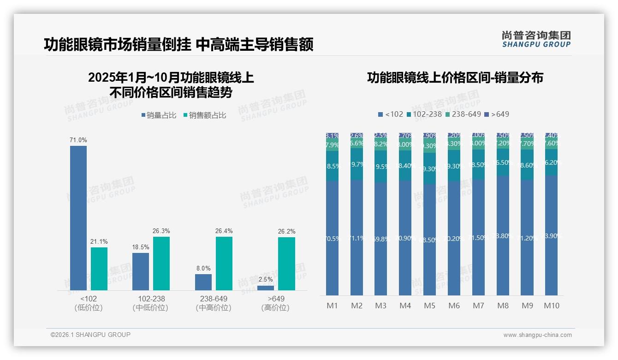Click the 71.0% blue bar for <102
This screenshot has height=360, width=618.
(x=78, y=218)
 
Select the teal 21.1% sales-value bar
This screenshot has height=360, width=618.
(x=99, y=269)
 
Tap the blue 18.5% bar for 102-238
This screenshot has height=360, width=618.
(x=141, y=271)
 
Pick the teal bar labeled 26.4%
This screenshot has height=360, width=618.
(x=224, y=264)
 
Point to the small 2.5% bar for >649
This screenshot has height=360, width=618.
(x=266, y=288)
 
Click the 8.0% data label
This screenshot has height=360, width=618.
(x=203, y=268)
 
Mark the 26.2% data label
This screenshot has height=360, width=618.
(x=286, y=231)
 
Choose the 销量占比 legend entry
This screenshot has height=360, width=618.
(x=158, y=115)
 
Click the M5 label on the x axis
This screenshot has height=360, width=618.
(x=429, y=306)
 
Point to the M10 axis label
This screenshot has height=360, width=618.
(x=552, y=306)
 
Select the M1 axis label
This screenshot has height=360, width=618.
(x=332, y=306)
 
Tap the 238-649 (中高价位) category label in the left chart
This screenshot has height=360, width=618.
(x=214, y=303)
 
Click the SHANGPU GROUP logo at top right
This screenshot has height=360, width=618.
(x=536, y=39)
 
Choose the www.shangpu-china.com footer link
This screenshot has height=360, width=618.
(x=537, y=335)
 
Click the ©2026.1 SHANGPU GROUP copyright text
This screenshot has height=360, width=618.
(x=90, y=335)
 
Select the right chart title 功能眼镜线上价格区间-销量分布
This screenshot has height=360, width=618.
(x=455, y=78)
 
